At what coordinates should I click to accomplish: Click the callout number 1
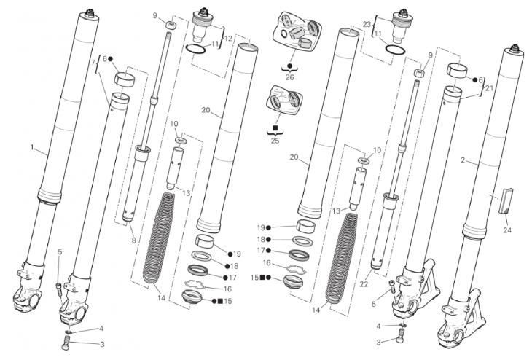[x=32, y=148]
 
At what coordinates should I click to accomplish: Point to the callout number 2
[x=463, y=160]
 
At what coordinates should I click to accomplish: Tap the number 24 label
[x=507, y=230]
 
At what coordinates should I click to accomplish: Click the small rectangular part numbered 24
[x=506, y=201]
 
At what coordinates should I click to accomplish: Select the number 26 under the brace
[x=289, y=77]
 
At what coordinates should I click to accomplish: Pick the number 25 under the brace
[x=275, y=140]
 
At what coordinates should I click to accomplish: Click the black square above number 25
[x=275, y=128]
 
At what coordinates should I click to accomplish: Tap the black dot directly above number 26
[x=289, y=65]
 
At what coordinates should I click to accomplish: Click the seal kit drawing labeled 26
[x=296, y=33]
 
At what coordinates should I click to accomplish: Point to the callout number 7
[x=93, y=63]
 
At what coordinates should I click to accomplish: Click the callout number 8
[x=133, y=240]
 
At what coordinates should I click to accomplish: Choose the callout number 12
[x=228, y=39]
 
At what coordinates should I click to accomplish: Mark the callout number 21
[x=489, y=88]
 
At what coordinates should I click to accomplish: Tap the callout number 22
[x=364, y=284]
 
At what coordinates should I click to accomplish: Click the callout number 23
[x=367, y=25]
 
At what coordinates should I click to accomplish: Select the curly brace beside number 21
[x=482, y=88]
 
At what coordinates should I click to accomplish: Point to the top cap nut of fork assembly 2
[x=515, y=49]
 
